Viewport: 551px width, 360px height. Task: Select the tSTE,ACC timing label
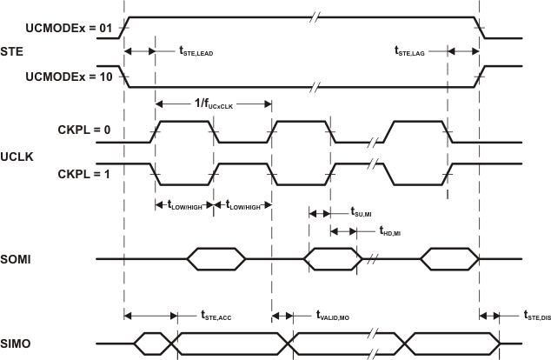click(216, 316)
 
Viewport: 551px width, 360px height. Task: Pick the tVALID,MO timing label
click(332, 317)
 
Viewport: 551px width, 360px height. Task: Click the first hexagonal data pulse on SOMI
click(209, 259)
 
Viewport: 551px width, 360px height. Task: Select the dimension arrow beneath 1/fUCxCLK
click(212, 103)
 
